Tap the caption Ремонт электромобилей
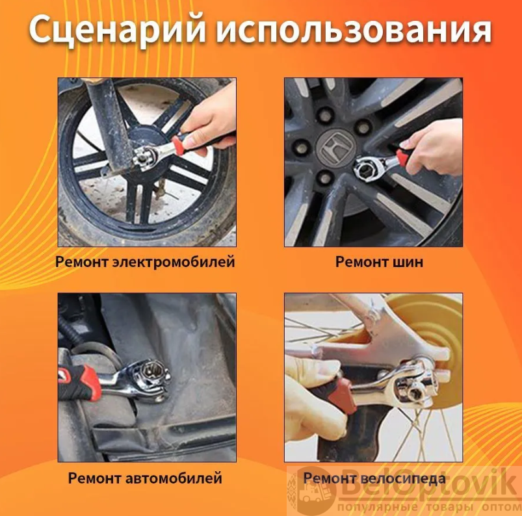pyautogui.click(x=145, y=262)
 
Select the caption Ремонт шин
pyautogui.click(x=379, y=262)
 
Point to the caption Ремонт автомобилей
pyautogui.click(x=145, y=478)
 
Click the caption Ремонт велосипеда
pyautogui.click(x=374, y=478)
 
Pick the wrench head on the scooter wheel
pyautogui.click(x=145, y=157)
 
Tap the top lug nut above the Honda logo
pyautogui.click(x=325, y=115)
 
